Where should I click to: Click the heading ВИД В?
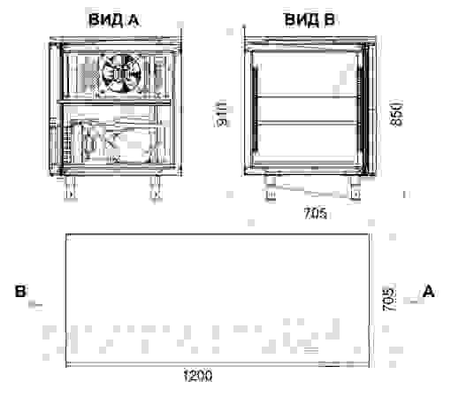click(x=309, y=19)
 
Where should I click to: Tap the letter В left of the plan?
click(x=19, y=291)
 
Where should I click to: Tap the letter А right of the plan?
click(x=429, y=290)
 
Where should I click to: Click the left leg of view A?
click(x=68, y=188)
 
